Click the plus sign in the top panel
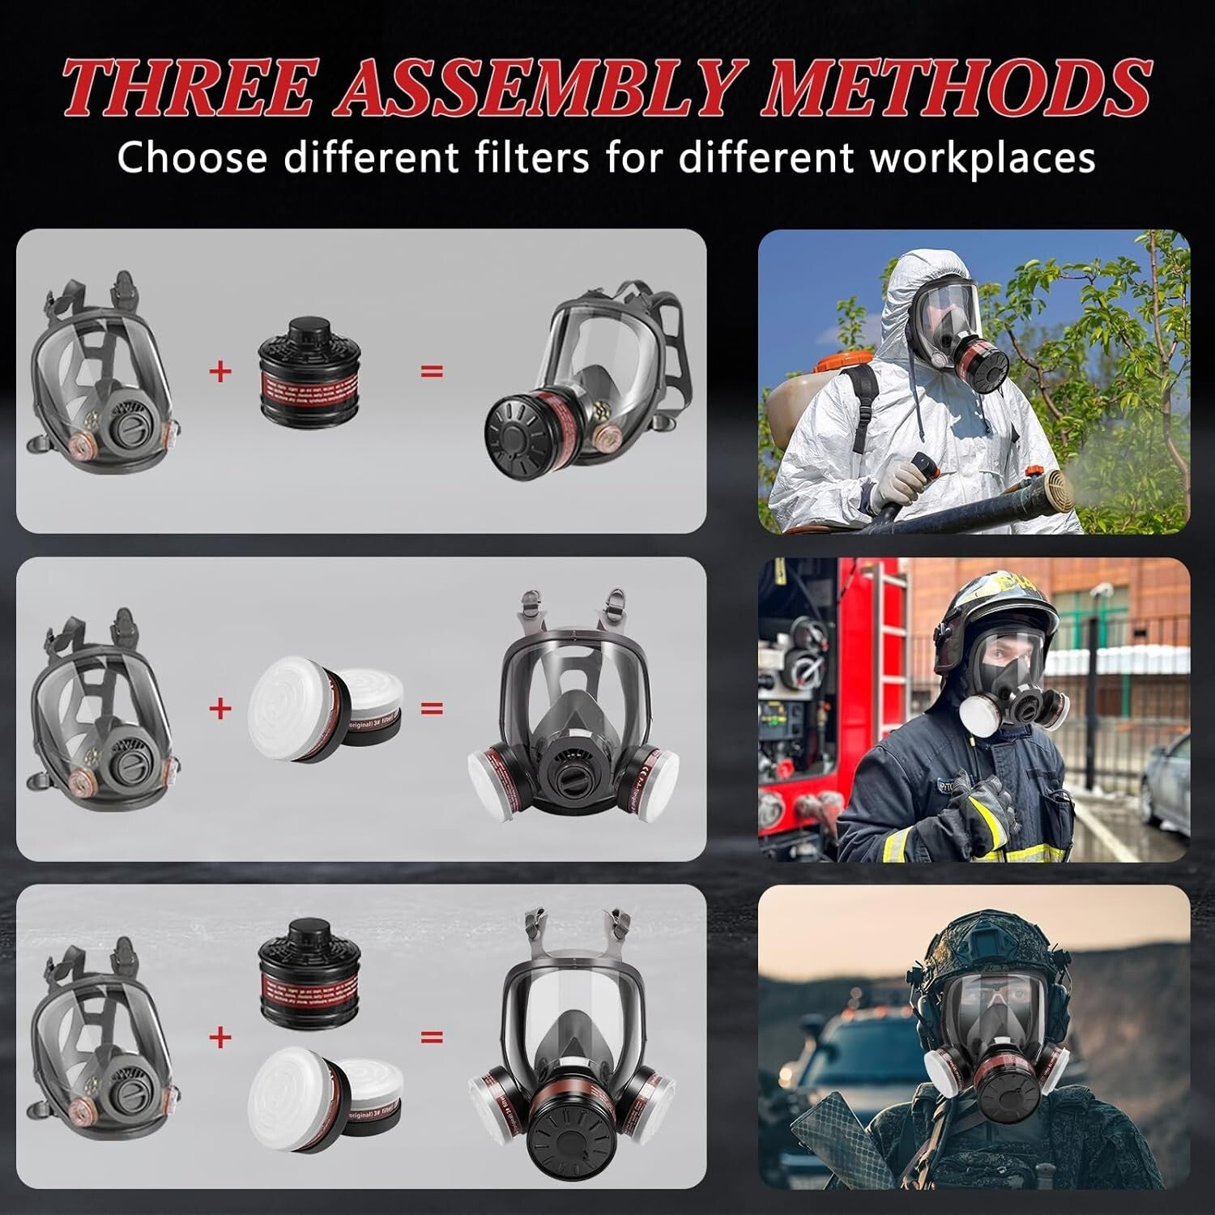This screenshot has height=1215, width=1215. point(220,372)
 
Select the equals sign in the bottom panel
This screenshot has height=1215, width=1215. point(432,1037)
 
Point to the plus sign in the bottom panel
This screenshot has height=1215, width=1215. point(220,1037)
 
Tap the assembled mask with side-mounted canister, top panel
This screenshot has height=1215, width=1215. point(579,381)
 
